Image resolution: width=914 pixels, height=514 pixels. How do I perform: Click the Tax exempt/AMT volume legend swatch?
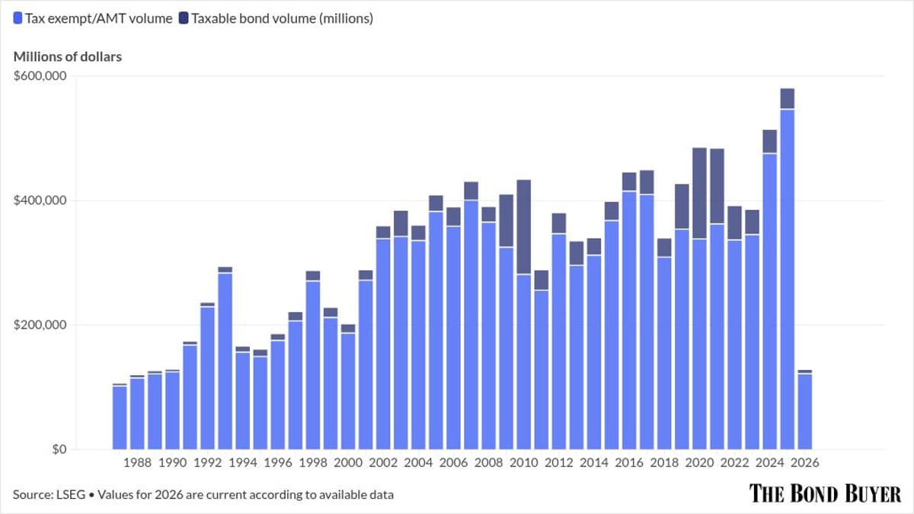coord(18,18)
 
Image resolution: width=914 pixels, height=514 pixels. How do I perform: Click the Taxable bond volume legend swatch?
coord(184,18)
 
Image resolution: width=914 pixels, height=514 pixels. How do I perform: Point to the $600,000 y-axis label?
coord(40,76)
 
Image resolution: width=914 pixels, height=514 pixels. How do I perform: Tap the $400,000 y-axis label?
coord(40,201)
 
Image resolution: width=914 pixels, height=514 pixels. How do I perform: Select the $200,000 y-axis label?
coord(40,325)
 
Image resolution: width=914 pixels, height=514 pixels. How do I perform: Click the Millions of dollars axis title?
coord(67,56)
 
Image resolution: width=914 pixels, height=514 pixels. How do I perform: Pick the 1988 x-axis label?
coord(137,463)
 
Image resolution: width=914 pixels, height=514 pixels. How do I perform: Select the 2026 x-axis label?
coord(804,463)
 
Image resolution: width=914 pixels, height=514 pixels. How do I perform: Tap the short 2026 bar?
coord(804,412)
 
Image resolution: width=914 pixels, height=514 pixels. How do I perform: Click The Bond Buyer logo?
coord(825,493)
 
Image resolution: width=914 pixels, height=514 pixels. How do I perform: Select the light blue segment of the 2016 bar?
coord(629,320)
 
